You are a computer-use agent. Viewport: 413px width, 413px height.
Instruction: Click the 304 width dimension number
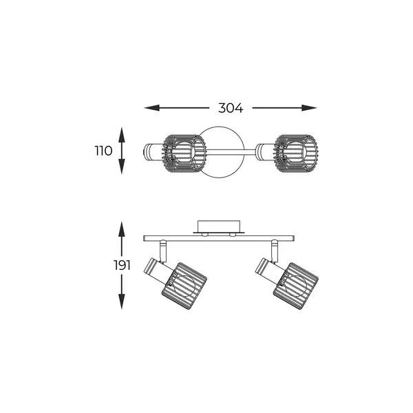231,108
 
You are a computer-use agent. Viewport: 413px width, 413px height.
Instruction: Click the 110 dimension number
103,151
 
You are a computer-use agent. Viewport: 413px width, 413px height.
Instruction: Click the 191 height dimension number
122,265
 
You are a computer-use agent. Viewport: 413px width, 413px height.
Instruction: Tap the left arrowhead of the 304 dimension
152,108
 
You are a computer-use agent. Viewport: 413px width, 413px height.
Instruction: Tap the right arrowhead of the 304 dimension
309,108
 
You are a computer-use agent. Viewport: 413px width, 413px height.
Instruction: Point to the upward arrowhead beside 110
121,135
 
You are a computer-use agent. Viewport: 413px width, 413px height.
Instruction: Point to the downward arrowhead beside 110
121,167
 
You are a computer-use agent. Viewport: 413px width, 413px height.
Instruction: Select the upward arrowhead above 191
121,229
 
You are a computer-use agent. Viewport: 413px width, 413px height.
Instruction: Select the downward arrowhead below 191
121,301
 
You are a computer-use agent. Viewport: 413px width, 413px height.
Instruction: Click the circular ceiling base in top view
219,129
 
